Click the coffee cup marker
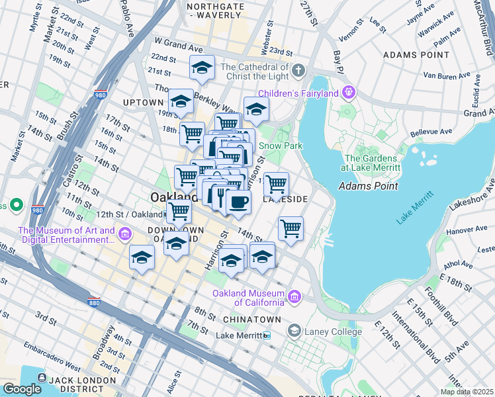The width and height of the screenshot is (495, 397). [x=238, y=200]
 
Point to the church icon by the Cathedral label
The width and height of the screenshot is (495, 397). [x=298, y=70]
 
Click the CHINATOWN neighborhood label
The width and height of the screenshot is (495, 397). [x=247, y=320]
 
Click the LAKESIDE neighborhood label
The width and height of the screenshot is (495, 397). [x=286, y=198]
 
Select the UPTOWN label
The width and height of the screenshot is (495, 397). [x=142, y=103]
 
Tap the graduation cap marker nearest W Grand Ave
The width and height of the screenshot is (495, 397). [x=202, y=67]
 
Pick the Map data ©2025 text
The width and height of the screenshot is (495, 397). [x=467, y=392]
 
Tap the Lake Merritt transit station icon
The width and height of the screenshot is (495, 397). [x=267, y=335]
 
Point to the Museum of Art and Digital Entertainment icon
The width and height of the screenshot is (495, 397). [x=124, y=234]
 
